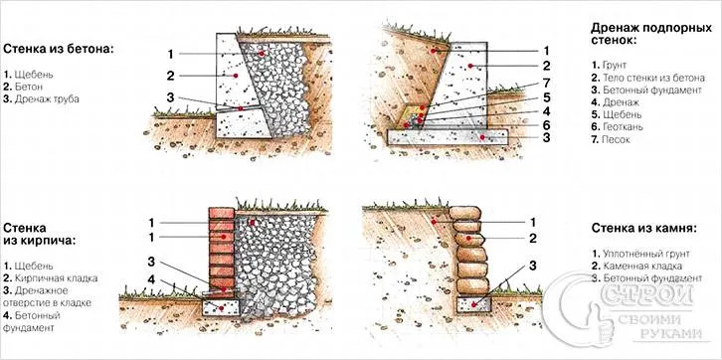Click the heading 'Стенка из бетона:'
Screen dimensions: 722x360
pos(59,50)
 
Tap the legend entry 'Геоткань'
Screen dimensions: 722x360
pos(617,126)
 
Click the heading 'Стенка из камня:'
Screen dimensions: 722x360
pos(643,228)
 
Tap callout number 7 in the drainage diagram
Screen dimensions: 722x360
pos(546,85)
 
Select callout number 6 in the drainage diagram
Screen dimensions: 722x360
pos(546,124)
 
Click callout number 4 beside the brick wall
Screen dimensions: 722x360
pos(151,279)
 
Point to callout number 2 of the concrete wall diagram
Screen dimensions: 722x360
pos(170,76)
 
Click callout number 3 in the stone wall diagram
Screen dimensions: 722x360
pos(533,266)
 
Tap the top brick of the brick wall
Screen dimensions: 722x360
pos(222,213)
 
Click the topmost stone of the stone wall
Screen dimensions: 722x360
pos(465,213)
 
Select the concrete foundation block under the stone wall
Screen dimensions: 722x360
pos(474,304)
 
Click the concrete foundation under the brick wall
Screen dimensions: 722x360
pos(221,307)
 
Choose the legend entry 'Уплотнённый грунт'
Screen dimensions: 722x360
pos(640,254)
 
